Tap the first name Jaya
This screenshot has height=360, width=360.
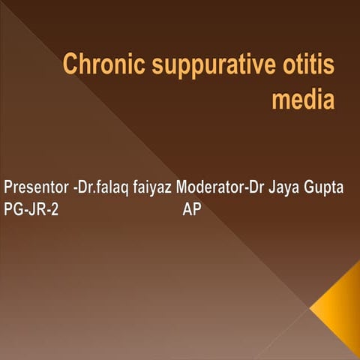click(283, 187)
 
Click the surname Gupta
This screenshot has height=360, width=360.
click(325, 187)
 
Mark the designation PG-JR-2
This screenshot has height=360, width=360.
click(31, 210)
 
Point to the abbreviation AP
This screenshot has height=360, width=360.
click(192, 210)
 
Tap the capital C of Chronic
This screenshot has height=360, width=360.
click(70, 65)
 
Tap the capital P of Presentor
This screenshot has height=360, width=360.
click(8, 187)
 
